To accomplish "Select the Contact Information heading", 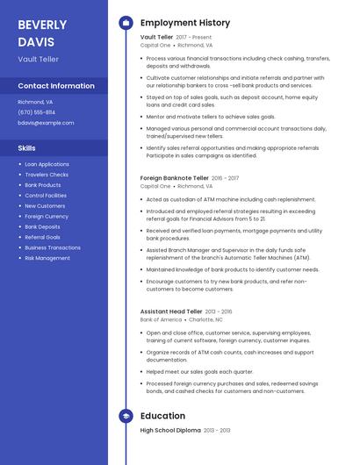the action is point(56,86).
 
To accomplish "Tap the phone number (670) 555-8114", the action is point(37,112).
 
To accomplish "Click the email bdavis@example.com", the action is point(46,123).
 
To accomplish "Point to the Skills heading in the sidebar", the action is point(27,148).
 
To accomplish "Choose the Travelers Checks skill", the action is point(47,175).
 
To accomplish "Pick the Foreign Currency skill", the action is point(47,216).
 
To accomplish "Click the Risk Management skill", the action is point(47,258).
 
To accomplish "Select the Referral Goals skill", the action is point(43,237).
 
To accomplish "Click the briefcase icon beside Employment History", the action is point(126,23).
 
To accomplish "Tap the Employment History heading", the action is point(185,23).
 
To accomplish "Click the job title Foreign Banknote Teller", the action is point(174,178).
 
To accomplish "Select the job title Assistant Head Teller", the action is point(171,311).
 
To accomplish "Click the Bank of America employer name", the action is point(161,320).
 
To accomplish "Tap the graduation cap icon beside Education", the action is point(126,416).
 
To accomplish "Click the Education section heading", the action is point(162,416).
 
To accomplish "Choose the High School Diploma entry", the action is point(170,431).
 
